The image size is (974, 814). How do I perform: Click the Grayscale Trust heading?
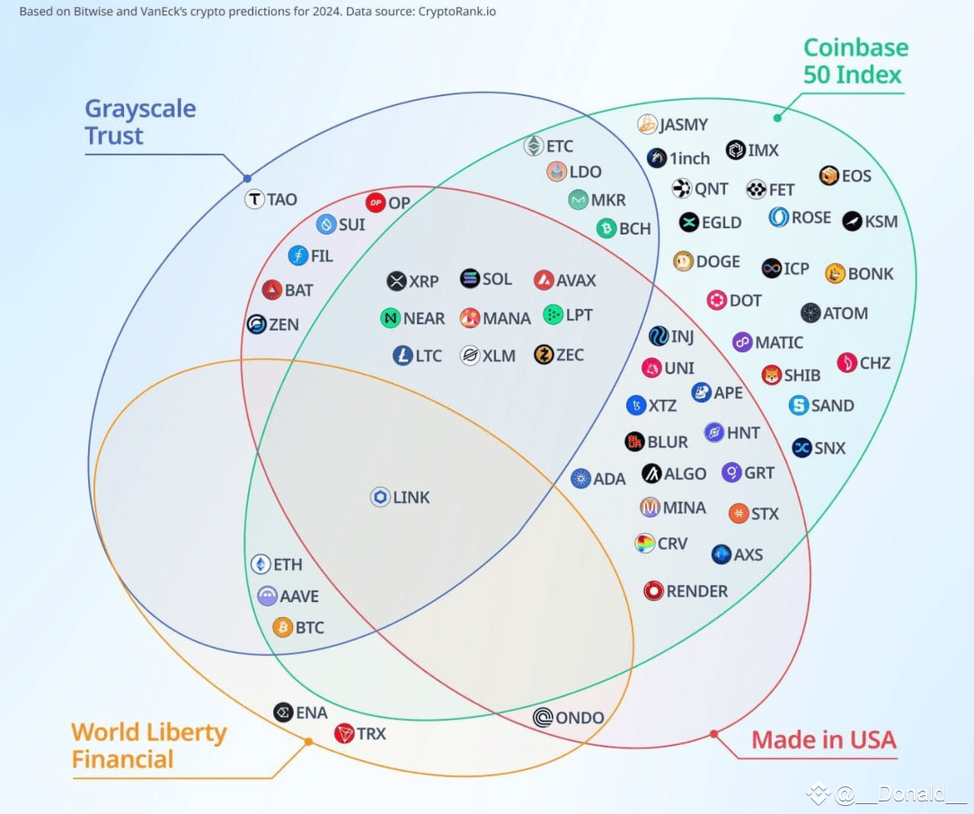140,121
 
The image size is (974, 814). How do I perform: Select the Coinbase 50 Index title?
855,61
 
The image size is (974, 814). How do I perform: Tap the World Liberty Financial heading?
149,745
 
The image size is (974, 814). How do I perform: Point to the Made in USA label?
824,739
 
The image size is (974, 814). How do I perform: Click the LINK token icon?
380,497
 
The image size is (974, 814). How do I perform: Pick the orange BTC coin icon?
283,628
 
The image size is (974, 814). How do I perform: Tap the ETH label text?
288,564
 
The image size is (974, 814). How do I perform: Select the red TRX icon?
344,733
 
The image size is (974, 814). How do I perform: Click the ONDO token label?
580,718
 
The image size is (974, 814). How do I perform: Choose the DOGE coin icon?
683,261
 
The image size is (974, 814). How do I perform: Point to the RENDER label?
697,591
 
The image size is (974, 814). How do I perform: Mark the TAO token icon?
254,199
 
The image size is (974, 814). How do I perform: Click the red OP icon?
376,202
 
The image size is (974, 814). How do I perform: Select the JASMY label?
683,125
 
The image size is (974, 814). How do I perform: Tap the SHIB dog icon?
772,375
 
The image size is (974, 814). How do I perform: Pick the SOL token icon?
470,279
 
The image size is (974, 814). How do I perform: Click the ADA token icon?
580,479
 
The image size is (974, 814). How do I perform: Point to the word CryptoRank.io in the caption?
456,11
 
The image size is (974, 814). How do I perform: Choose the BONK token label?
871,274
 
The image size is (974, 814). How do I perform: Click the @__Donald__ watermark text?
899,793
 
